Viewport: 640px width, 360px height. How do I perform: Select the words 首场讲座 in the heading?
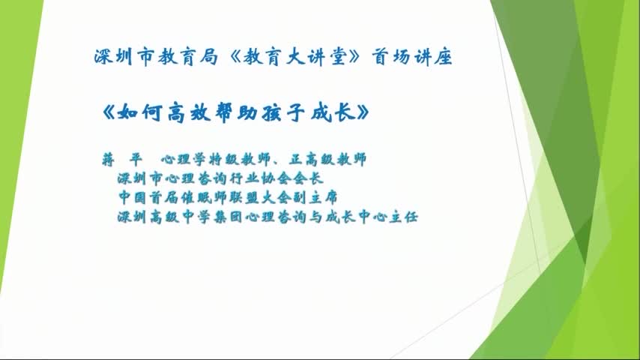412,57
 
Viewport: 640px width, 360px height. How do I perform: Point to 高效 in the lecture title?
189,112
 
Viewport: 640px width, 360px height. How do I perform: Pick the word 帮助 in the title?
236,112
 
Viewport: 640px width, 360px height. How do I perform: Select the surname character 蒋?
108,159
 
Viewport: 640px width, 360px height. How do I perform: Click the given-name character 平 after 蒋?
136,159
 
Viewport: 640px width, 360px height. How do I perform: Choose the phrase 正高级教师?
327,159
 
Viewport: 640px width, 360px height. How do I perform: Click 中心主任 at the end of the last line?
387,217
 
